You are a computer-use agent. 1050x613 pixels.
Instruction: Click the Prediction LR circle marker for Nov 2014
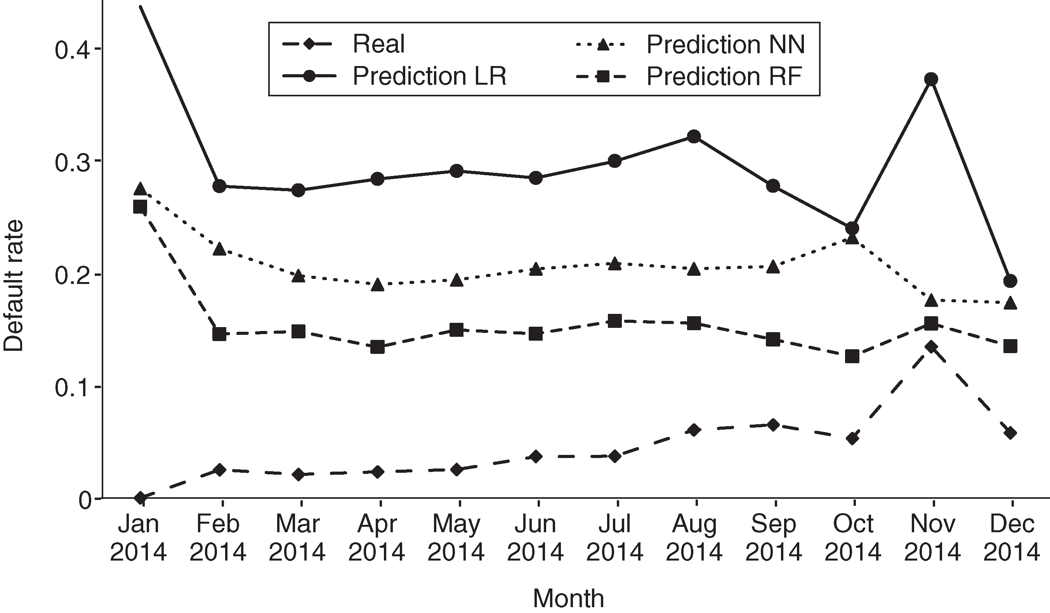click(x=931, y=79)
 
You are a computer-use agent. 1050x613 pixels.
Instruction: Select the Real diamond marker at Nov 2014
click(x=931, y=347)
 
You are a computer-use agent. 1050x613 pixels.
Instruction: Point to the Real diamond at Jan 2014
click(x=141, y=498)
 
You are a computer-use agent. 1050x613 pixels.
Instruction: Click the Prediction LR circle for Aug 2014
click(x=694, y=136)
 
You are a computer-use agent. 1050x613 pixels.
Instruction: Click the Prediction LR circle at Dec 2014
click(x=1010, y=281)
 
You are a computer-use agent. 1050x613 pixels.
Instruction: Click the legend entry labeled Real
click(x=378, y=44)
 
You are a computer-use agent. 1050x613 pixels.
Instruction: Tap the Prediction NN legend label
click(x=725, y=44)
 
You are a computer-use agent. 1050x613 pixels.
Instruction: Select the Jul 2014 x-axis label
click(x=614, y=538)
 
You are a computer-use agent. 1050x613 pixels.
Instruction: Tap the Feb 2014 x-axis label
click(x=218, y=538)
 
